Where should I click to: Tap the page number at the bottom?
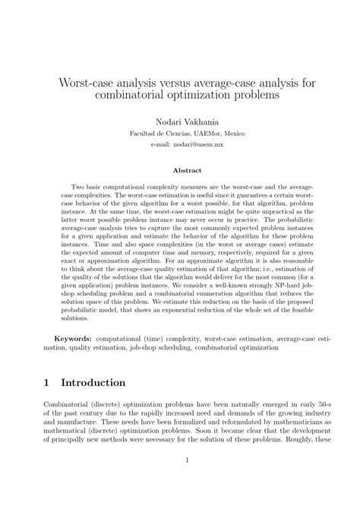pos(179,482)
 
